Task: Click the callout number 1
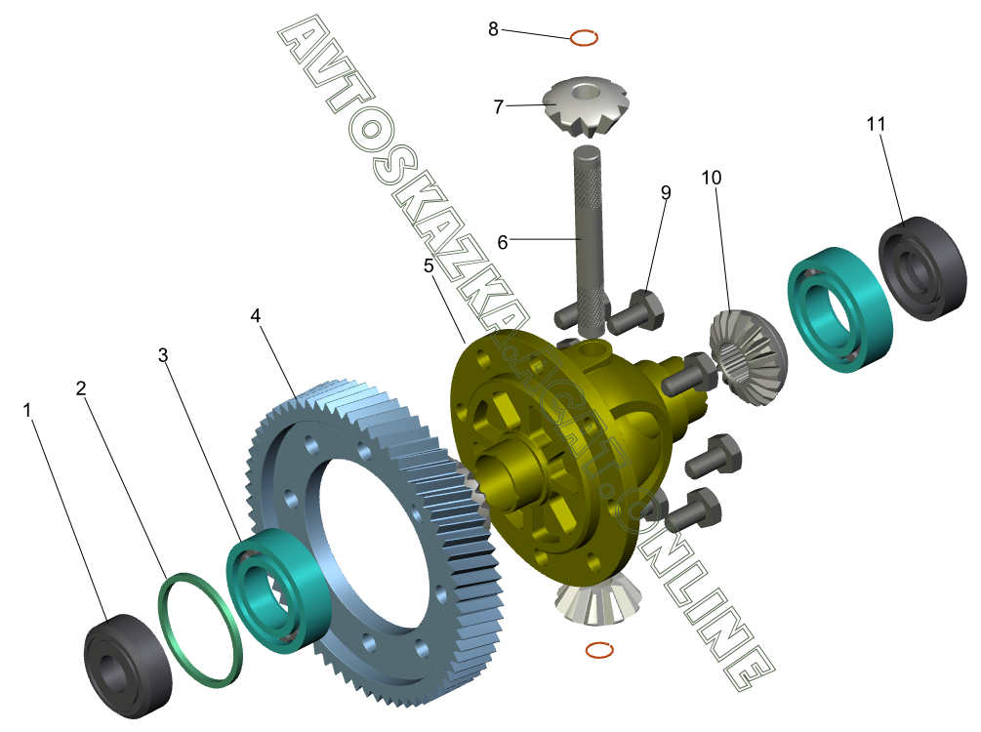(26, 411)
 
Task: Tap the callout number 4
(256, 315)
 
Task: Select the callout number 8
(493, 28)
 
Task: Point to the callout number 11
(876, 124)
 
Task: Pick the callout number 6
(503, 242)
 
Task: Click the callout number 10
(712, 178)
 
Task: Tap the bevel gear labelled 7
(576, 106)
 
